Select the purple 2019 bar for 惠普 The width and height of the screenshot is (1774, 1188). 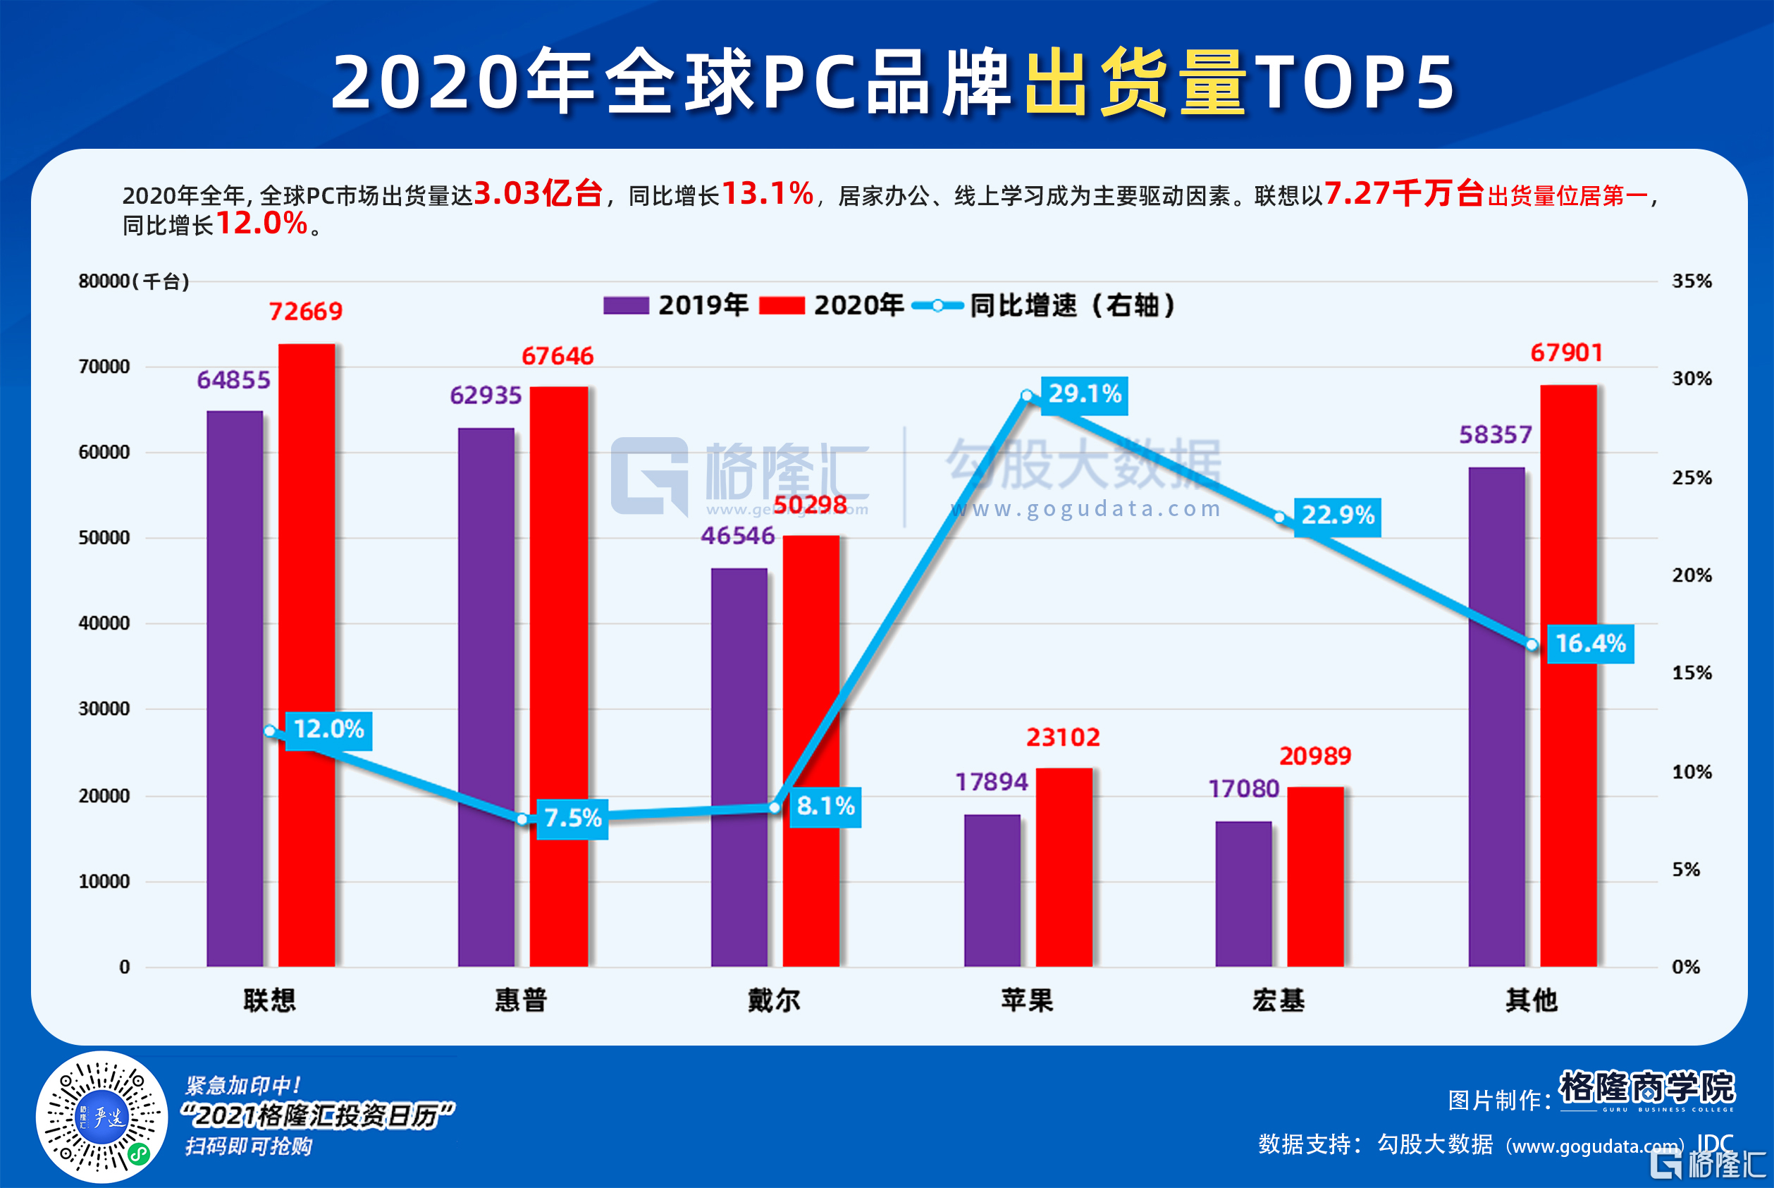(486, 697)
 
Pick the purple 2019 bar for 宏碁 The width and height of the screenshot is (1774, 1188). (1244, 893)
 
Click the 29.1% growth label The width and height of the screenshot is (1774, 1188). (1084, 395)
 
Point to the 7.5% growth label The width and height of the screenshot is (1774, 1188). (572, 819)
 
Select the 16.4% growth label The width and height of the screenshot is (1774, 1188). (1590, 644)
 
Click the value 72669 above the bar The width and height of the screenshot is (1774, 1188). (306, 312)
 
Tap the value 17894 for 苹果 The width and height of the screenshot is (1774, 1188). (992, 782)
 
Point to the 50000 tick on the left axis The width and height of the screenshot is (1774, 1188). (104, 538)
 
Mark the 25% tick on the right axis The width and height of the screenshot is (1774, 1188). (1692, 478)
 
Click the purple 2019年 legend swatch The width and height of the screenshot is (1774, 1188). (626, 305)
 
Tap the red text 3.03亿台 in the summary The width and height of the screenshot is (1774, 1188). (538, 194)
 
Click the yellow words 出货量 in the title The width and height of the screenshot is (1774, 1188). (1135, 82)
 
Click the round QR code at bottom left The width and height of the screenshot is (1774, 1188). (101, 1117)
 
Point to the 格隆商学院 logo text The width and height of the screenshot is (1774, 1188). (1646, 1087)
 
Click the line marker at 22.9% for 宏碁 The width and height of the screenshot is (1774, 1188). (1279, 518)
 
